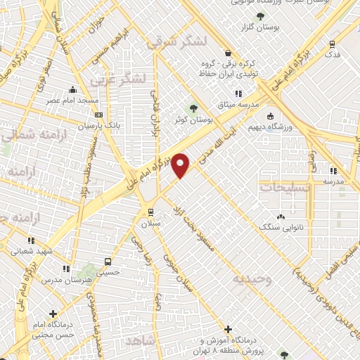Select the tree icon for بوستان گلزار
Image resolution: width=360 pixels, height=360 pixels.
click(x=261, y=15)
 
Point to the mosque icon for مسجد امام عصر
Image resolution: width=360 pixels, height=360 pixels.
click(x=72, y=89)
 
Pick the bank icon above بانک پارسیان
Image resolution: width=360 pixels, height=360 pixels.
click(x=98, y=115)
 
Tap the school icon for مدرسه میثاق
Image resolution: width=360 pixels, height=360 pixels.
click(x=238, y=93)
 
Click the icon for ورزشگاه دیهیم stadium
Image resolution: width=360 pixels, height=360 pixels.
click(x=271, y=116)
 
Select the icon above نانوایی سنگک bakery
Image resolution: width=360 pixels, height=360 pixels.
click(x=282, y=216)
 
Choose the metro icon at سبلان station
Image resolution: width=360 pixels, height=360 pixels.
click(x=150, y=212)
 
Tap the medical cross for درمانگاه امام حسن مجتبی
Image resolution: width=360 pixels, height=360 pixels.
click(x=53, y=314)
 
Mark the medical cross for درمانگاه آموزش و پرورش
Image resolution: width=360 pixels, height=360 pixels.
click(x=228, y=328)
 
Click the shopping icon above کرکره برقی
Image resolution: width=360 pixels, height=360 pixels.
click(x=227, y=53)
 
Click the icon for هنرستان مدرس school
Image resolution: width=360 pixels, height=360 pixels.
click(x=66, y=268)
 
